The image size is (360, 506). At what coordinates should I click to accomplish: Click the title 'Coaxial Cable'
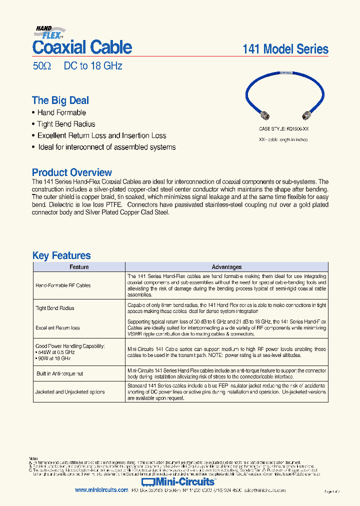pos(82,47)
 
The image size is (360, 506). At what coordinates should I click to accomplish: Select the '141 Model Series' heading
pos(285,49)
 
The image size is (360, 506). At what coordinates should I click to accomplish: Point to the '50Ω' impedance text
pos(41,66)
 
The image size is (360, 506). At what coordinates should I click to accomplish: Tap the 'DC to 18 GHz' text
pos(93,66)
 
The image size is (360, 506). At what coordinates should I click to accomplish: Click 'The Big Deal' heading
pos(60,100)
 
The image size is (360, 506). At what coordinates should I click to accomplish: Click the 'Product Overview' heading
pos(72,172)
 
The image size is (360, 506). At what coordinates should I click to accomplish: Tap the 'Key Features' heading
pos(61,255)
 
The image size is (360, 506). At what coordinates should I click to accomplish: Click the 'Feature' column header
pos(79,267)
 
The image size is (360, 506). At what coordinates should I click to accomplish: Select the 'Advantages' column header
pos(226,267)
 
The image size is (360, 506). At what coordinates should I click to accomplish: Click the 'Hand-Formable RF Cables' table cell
pos(63,285)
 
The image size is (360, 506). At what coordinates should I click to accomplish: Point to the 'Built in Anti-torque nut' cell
pos(59,373)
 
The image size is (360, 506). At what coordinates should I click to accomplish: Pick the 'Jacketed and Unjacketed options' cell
pos(70,392)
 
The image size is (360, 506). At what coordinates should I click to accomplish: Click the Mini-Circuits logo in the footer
pos(178,482)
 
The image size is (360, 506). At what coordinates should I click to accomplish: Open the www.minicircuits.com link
pos(101,490)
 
